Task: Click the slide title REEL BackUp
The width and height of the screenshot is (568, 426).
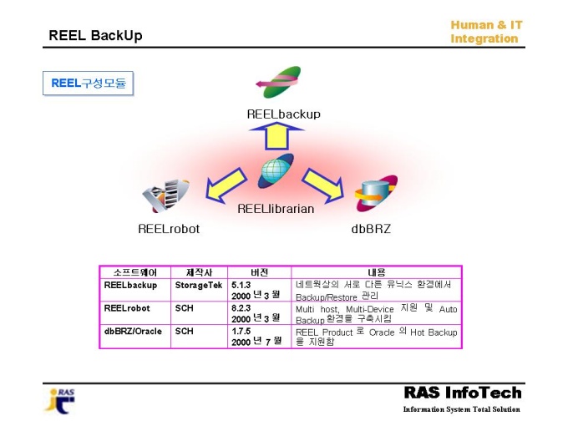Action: coord(95,35)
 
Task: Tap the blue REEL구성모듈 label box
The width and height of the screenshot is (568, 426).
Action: coord(88,84)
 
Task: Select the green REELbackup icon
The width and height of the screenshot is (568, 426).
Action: coord(278,82)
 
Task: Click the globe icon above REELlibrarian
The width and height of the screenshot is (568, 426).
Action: coord(276,170)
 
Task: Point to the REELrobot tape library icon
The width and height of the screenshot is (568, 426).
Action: coord(165,195)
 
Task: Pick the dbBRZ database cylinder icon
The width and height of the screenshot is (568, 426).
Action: coord(376,194)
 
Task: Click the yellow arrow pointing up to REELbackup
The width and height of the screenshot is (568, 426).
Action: coord(276,136)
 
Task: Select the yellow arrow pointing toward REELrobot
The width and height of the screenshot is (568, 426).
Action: coord(226,185)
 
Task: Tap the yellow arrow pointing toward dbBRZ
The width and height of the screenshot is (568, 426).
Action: coord(323,185)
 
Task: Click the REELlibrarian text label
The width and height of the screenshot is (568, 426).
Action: coord(276,209)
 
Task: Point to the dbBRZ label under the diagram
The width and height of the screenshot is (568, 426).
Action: coord(371,229)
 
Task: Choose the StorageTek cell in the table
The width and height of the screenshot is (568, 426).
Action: coord(199,285)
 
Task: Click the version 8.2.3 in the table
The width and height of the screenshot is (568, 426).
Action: coord(241,308)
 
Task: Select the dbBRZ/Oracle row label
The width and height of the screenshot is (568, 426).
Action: coord(133,331)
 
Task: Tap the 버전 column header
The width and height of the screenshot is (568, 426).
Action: coord(260,272)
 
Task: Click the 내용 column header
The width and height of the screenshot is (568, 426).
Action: coord(377,272)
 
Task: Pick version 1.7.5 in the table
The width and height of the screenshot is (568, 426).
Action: coord(241,331)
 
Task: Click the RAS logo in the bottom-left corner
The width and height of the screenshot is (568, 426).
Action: coord(60,402)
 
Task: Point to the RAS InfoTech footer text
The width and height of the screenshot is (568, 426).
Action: coord(463,393)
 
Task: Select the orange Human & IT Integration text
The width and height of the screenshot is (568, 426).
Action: coord(486,32)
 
